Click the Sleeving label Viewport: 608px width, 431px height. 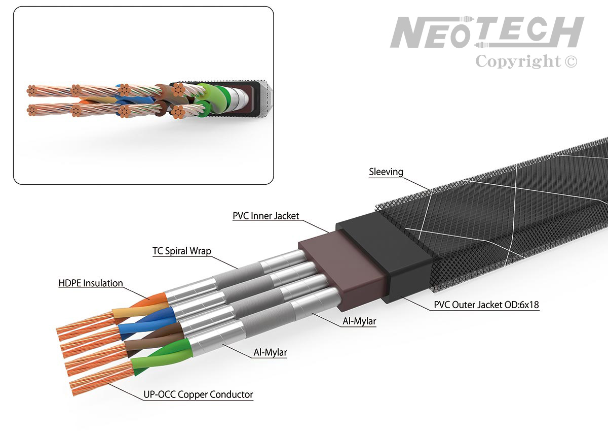[x=386, y=172]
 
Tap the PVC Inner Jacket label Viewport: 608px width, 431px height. [x=265, y=216]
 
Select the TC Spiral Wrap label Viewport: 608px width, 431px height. [x=181, y=251]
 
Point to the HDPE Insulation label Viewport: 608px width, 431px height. [x=91, y=283]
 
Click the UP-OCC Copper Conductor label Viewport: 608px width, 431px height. [x=198, y=394]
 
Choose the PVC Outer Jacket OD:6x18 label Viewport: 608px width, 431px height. [x=486, y=305]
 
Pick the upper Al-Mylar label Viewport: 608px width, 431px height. [x=359, y=321]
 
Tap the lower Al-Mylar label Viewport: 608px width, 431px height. [x=270, y=352]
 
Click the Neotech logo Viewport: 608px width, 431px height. [x=487, y=32]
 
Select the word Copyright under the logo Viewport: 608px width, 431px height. [x=518, y=61]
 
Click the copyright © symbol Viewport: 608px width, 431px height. [x=571, y=61]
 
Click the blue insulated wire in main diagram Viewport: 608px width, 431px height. [x=147, y=322]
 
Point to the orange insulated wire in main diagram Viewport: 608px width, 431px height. [x=148, y=301]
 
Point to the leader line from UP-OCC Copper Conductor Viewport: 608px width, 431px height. [x=126, y=391]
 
